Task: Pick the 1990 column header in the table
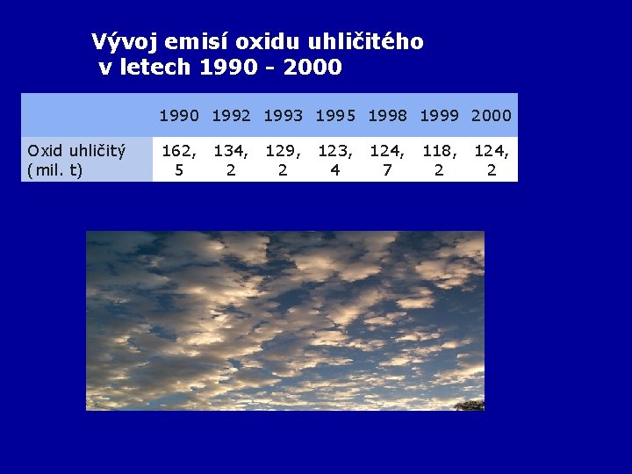[x=179, y=115]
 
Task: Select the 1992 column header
[x=231, y=115]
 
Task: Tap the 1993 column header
[x=283, y=115]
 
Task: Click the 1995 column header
[x=334, y=115]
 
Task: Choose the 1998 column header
[x=387, y=115]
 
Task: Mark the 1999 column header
[x=439, y=115]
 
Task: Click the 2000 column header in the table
[x=491, y=115]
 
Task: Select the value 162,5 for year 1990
[x=179, y=160]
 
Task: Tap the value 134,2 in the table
[x=231, y=160]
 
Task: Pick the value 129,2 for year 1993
[x=283, y=160]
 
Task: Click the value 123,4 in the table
[x=334, y=160]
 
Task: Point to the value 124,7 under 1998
[x=387, y=160]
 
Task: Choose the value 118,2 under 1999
[x=439, y=160]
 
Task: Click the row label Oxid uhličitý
[x=76, y=151]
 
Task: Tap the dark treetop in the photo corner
[x=471, y=405]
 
